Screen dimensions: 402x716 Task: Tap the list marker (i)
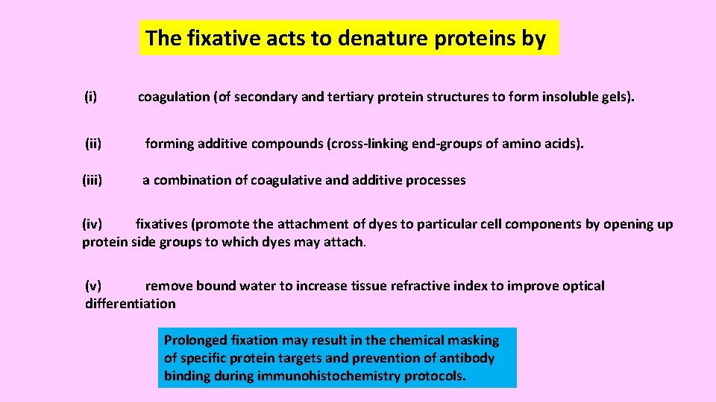click(x=90, y=97)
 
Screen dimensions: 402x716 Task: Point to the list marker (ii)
click(x=93, y=143)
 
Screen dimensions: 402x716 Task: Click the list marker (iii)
click(x=92, y=179)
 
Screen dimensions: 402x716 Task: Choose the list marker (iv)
click(x=94, y=224)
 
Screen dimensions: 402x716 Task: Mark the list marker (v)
click(x=94, y=286)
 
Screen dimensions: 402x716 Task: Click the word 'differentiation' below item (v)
click(x=131, y=304)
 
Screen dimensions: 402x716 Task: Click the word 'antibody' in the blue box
click(x=468, y=358)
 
